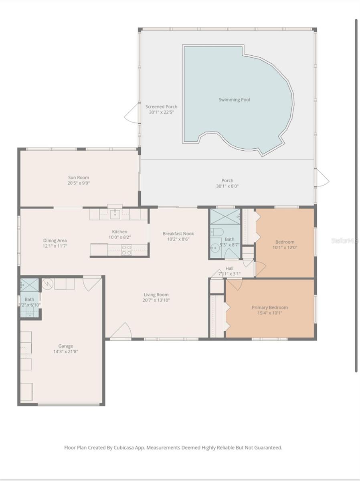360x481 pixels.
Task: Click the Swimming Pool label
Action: coord(234,99)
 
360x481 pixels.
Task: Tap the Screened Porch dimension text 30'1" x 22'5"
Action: coord(161,113)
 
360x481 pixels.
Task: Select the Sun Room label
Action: coord(78,178)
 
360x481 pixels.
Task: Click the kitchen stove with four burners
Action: coord(126,250)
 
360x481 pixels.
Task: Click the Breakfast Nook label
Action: coord(178,233)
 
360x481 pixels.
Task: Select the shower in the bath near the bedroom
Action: coord(225,216)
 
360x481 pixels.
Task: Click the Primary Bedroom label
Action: coord(269,307)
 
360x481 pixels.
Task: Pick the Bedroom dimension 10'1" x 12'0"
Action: coord(285,248)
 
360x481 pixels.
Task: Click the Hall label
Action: coord(229,268)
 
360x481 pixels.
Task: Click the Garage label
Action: coord(65,346)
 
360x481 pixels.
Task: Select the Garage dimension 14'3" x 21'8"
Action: coord(65,352)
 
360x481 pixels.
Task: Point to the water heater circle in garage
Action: coord(47,284)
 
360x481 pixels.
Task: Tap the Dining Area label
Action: coord(55,240)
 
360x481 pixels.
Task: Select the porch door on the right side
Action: coord(322,178)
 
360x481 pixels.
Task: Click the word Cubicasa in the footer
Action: coord(123,448)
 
